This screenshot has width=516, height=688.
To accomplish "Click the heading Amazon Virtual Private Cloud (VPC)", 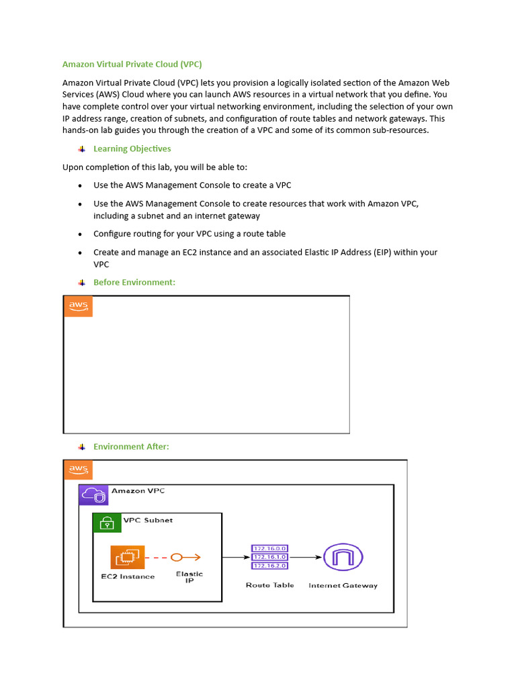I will coord(132,64).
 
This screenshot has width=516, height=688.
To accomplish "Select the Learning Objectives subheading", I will coord(132,148).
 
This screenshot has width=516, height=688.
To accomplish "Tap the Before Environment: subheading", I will coord(134,282).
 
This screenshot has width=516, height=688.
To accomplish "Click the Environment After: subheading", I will coord(131,446).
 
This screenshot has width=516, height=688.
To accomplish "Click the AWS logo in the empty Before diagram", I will coord(78,306).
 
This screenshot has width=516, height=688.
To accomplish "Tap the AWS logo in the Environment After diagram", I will coord(78,470).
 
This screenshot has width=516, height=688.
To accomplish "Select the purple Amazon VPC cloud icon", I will coord(93,495).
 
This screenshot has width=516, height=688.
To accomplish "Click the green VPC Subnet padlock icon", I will coord(106,523).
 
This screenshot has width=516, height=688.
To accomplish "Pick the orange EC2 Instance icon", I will coord(128,557).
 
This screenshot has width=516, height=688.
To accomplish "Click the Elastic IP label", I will coord(189,577).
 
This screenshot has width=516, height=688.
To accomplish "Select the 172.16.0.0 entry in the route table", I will coord(269,549).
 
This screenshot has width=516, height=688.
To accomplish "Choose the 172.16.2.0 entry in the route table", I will coord(269,566).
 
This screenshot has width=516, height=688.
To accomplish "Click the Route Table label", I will coord(269,585).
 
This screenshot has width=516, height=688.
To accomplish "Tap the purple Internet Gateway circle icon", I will coord(343,557).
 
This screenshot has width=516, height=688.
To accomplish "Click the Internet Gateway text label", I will coord(343,586).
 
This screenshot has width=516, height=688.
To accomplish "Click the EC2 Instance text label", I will coord(128,576).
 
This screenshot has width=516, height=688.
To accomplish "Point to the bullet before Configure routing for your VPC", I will coord(81,234).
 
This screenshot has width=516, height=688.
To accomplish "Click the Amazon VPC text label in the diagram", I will coord(138,491).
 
